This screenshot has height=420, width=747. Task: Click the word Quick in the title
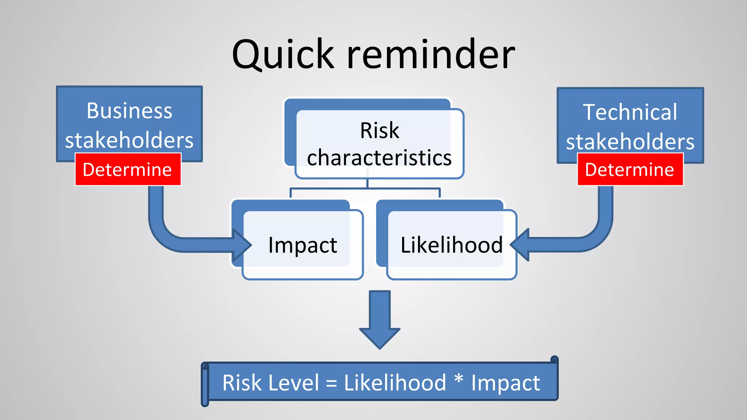point(283,55)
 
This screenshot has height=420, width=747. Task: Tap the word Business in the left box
point(129,111)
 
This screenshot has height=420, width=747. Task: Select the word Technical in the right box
point(630,112)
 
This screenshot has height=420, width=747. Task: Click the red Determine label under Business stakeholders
point(128,170)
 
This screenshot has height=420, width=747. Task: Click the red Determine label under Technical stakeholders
point(630,170)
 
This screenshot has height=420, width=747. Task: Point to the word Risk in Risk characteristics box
point(379,130)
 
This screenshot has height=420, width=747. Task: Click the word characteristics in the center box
point(379,157)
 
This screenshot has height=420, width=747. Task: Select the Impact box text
point(302,245)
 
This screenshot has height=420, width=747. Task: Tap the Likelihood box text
point(452,245)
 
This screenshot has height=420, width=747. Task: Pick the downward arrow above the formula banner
point(380,321)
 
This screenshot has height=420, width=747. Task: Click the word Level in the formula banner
point(293,383)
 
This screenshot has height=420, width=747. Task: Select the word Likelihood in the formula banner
point(395,383)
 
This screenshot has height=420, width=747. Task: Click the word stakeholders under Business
point(129,140)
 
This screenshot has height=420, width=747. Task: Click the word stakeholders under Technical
point(630,142)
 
